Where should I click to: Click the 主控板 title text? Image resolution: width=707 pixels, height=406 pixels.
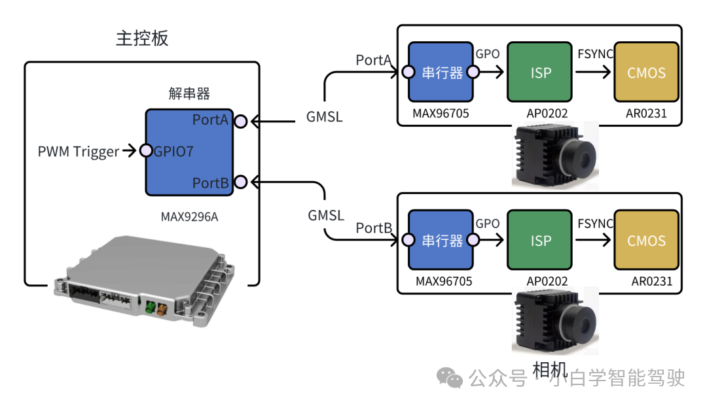pyautogui.click(x=142, y=39)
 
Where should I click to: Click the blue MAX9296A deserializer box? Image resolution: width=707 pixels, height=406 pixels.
pyautogui.click(x=189, y=152)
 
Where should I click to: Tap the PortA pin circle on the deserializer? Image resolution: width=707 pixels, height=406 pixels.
pyautogui.click(x=241, y=122)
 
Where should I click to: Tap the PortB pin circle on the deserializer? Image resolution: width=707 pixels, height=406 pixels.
pyautogui.click(x=241, y=181)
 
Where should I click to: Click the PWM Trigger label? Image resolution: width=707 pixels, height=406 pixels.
pyautogui.click(x=79, y=152)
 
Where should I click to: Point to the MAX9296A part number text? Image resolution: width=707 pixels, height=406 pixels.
pyautogui.click(x=189, y=216)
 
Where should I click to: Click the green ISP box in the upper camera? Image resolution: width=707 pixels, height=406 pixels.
pyautogui.click(x=541, y=72)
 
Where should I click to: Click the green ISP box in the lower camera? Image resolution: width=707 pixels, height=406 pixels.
pyautogui.click(x=541, y=240)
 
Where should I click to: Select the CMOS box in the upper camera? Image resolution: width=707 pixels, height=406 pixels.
pyautogui.click(x=646, y=72)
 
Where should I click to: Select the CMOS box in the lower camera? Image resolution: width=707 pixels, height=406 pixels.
pyautogui.click(x=646, y=240)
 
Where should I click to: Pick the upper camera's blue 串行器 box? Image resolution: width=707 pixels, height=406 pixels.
pyautogui.click(x=441, y=72)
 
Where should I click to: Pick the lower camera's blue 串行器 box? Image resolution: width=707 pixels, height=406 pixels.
pyautogui.click(x=441, y=240)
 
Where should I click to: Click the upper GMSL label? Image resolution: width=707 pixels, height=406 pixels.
pyautogui.click(x=324, y=118)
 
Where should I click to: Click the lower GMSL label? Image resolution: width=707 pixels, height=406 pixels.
pyautogui.click(x=325, y=215)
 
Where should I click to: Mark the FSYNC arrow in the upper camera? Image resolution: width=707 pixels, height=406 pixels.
pyautogui.click(x=593, y=72)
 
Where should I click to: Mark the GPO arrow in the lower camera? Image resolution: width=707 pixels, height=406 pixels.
pyautogui.click(x=488, y=240)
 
